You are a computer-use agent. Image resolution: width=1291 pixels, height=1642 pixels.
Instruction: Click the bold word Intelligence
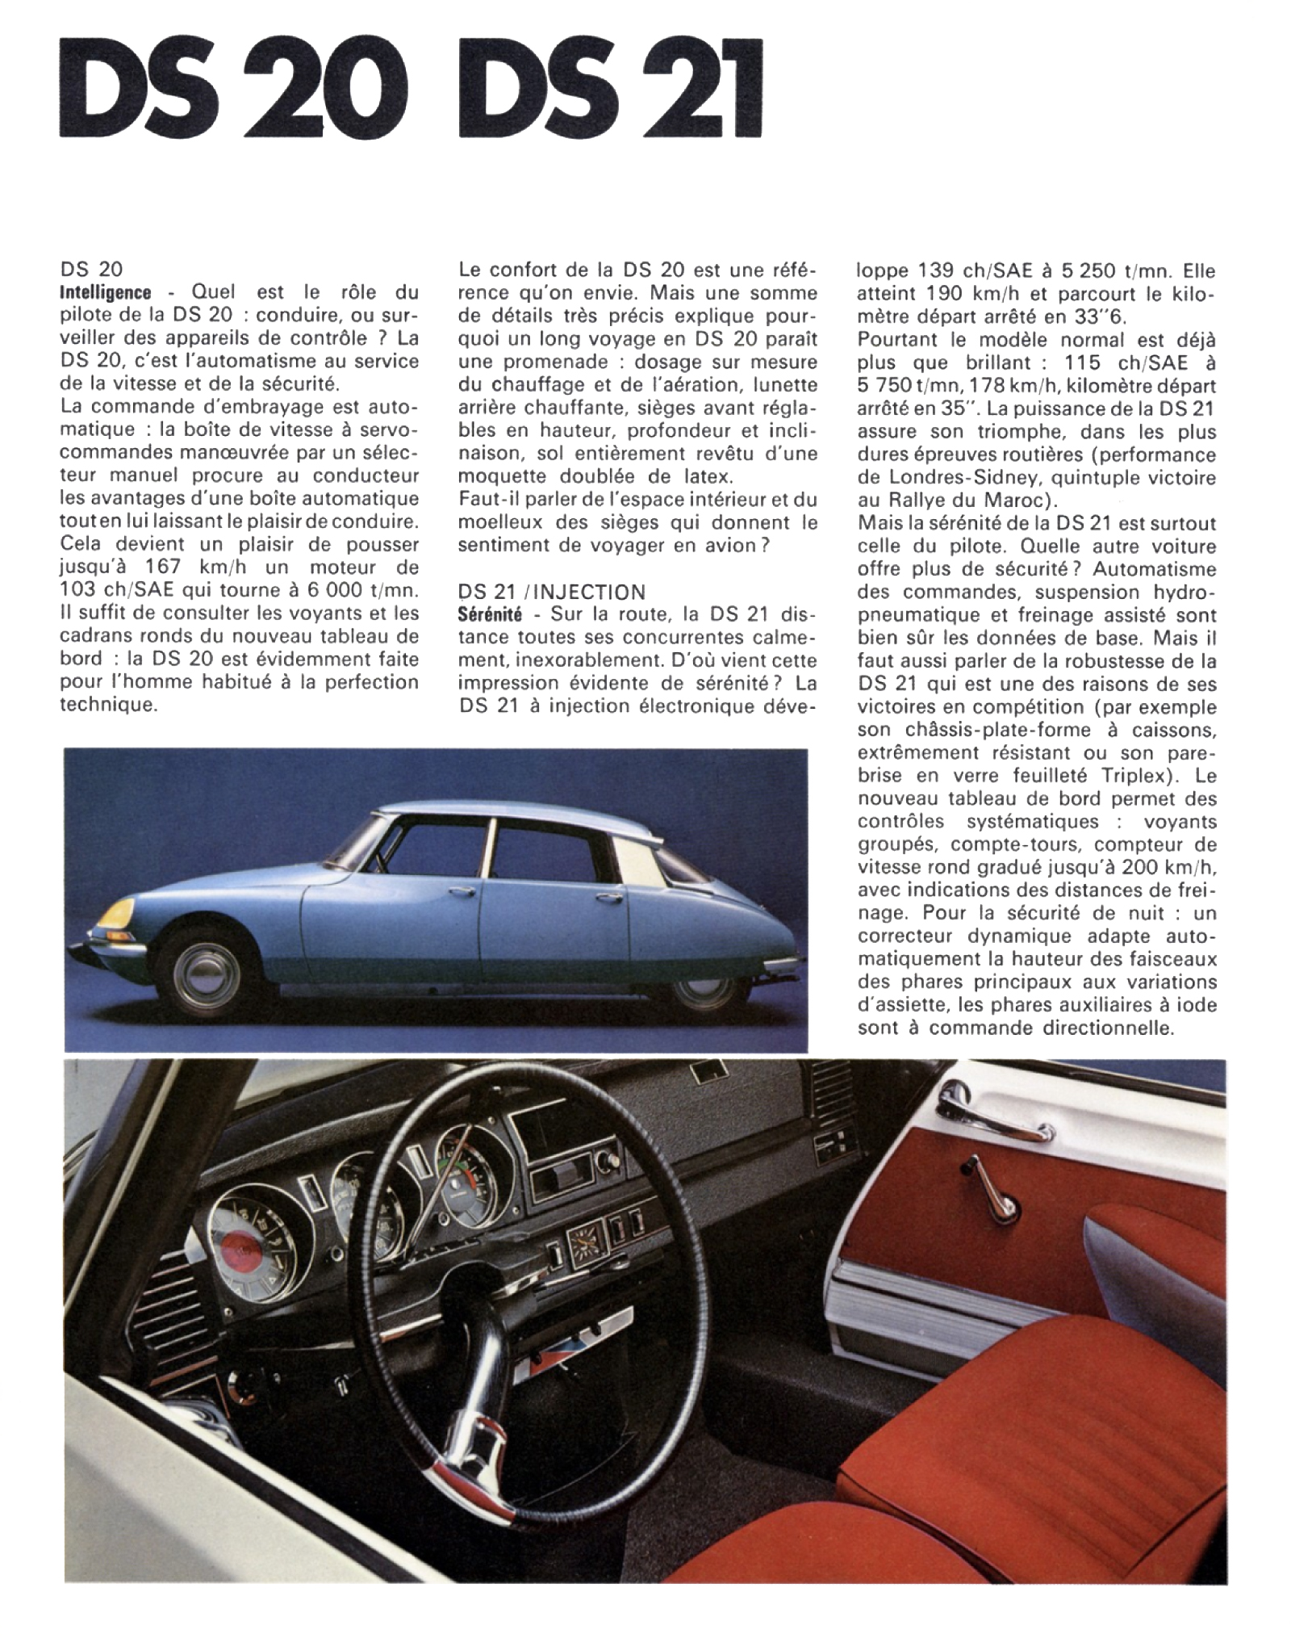106,292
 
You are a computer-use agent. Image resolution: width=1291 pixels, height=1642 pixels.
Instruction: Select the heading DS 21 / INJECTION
551,592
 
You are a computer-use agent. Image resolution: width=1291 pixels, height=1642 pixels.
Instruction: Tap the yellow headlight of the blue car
113,915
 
